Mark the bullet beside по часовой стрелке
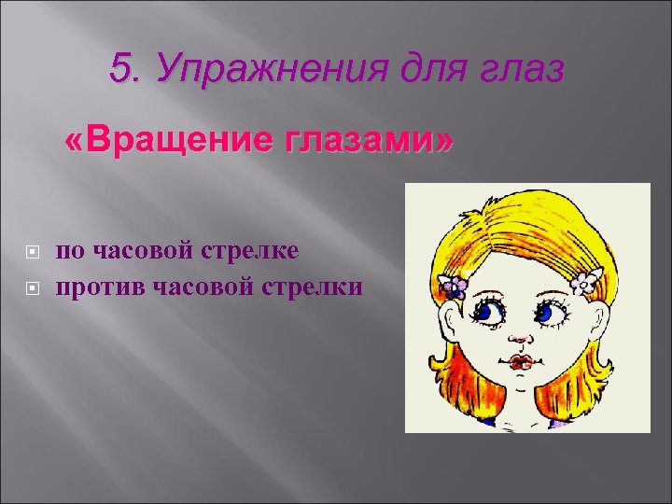[34, 252]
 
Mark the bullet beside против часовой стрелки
[34, 288]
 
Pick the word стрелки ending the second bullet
[315, 287]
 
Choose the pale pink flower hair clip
[586, 281]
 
